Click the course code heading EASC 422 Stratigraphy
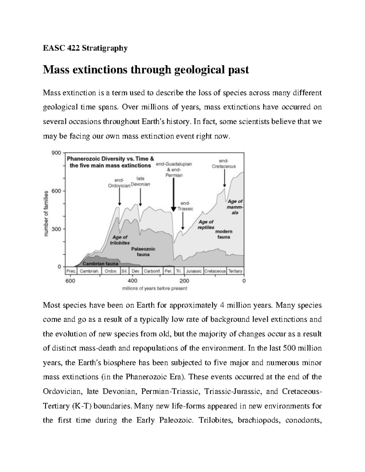pos(85,48)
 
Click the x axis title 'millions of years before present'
pos(155,289)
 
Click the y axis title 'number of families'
pos(46,213)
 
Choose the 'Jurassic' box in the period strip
pos(193,271)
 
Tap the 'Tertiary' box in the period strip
pos(235,271)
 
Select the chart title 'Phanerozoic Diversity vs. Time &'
pos(110,159)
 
